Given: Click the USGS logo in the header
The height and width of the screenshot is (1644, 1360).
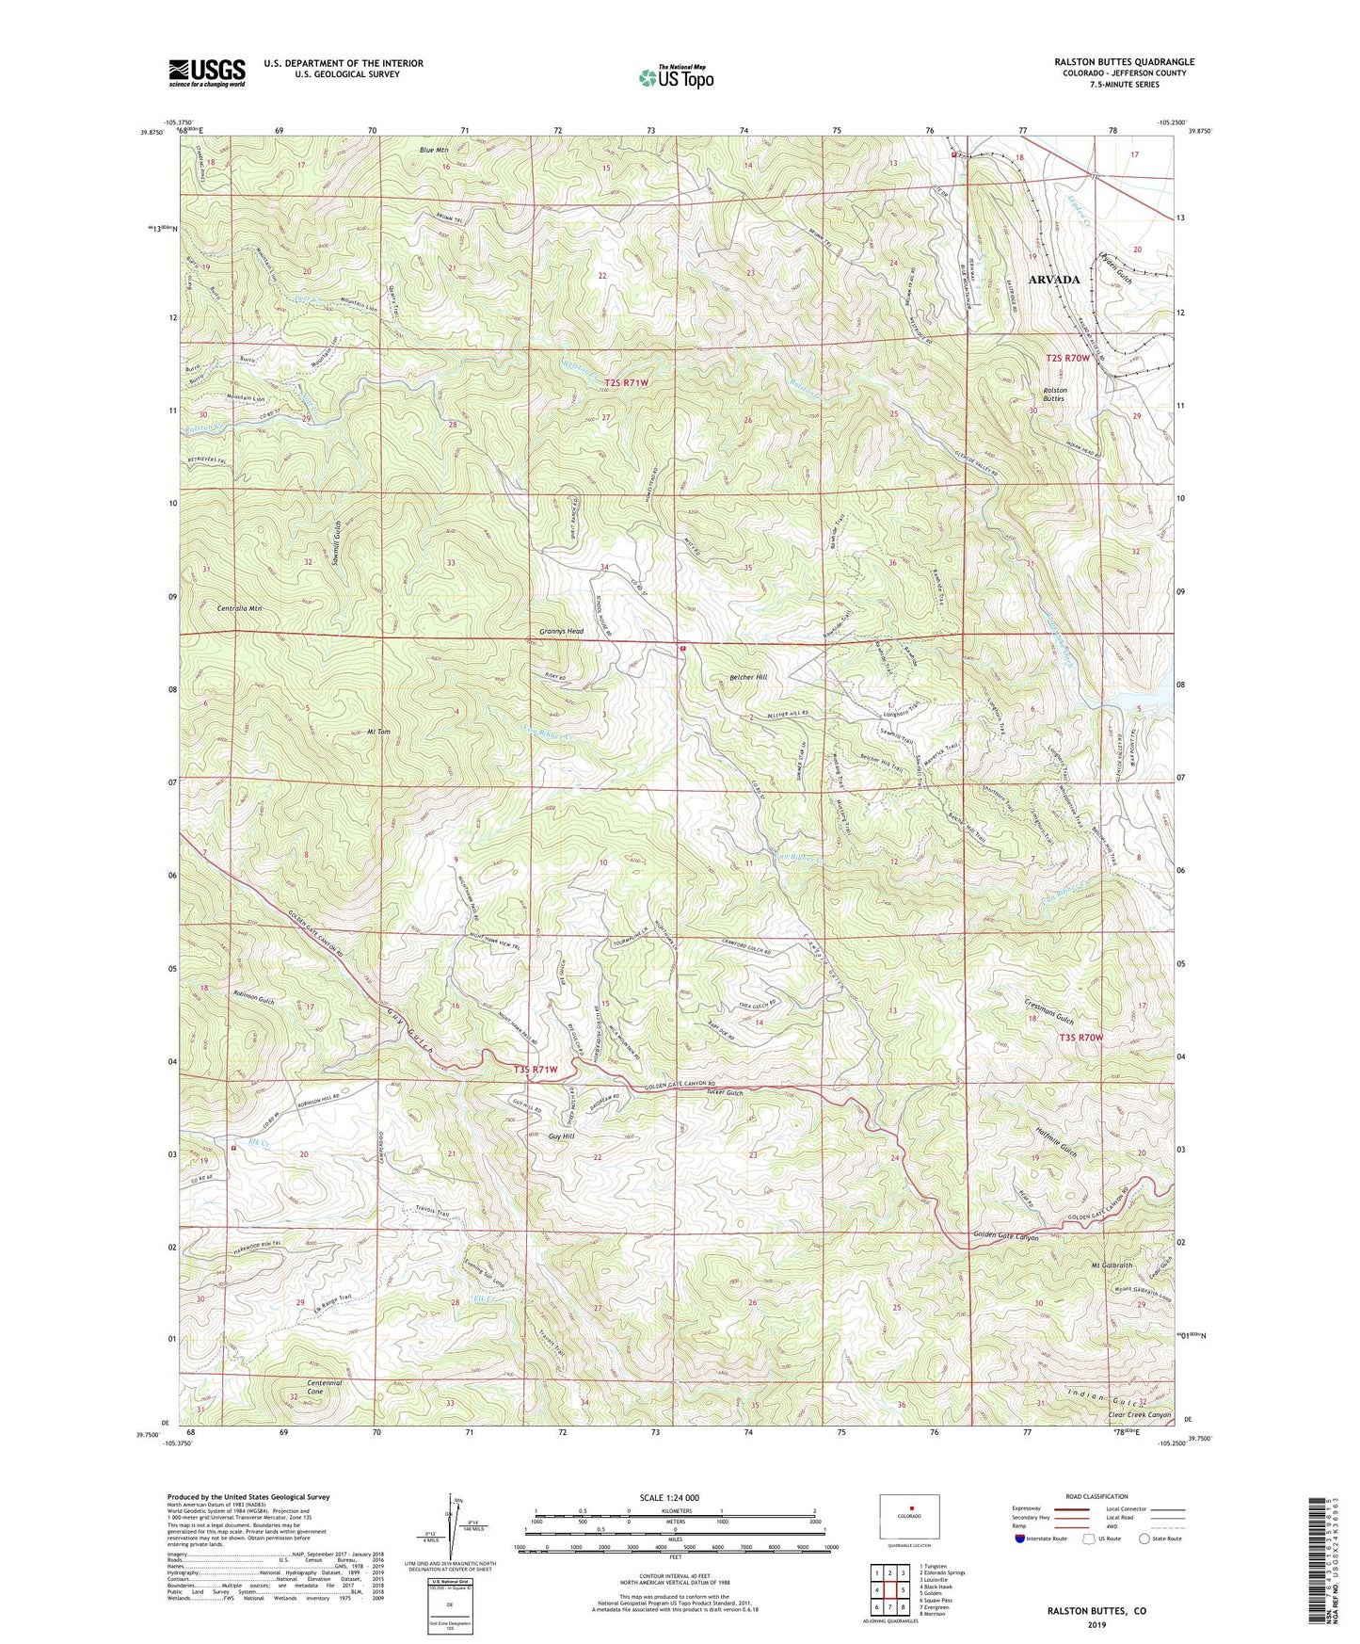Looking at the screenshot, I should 207,72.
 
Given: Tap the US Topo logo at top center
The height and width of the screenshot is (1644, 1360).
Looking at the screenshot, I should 675,77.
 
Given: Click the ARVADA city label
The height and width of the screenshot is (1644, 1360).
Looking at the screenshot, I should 1053,280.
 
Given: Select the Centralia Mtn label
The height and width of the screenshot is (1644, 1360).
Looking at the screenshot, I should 233,609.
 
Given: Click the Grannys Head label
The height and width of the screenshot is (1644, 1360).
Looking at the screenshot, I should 562,631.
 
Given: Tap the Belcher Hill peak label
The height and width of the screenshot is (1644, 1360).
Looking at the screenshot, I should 749,677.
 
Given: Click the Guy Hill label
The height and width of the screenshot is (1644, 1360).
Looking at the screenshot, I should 561,1136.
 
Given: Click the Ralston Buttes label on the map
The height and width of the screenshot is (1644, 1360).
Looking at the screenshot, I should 1053,394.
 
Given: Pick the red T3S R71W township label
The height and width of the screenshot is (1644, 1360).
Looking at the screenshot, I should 536,1070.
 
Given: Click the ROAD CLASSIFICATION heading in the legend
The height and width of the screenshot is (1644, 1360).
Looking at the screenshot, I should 1096,1496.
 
